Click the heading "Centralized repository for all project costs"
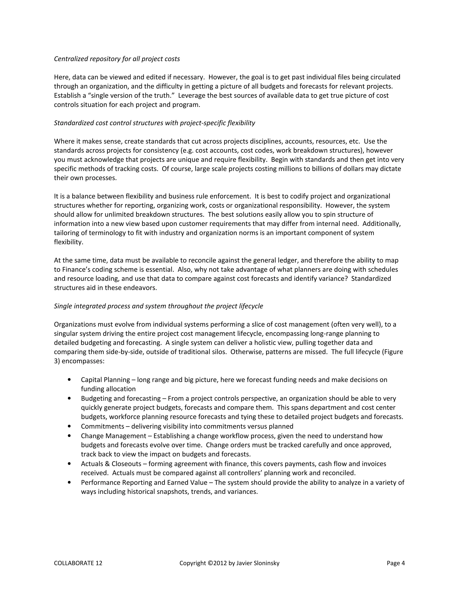click(117, 59)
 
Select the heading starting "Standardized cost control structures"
click(154, 123)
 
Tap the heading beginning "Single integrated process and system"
click(158, 306)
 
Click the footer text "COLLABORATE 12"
click(78, 563)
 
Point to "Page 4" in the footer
click(396, 563)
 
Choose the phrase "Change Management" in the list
click(113, 436)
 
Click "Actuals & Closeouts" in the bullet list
click(111, 464)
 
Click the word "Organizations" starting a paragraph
click(75, 325)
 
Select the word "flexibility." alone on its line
click(69, 242)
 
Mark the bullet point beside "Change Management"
click(70, 436)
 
